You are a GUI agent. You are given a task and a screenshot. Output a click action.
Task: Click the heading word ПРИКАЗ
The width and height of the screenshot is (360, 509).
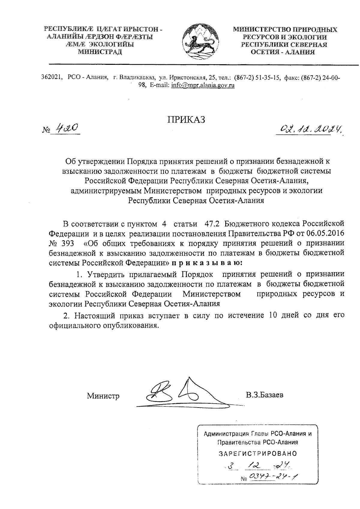click(186, 119)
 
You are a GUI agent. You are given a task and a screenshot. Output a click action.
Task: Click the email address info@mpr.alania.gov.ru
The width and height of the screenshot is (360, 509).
click(202, 85)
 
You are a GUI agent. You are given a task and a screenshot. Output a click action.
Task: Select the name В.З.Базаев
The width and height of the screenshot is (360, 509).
click(264, 395)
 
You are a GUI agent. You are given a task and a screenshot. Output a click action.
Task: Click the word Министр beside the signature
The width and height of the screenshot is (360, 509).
click(103, 396)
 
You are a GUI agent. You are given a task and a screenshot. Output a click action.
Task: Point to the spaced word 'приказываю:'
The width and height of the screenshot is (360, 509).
click(206, 263)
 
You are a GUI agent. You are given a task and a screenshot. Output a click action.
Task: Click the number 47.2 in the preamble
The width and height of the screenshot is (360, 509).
click(212, 224)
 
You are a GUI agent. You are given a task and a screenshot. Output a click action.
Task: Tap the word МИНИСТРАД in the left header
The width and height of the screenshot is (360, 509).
click(100, 52)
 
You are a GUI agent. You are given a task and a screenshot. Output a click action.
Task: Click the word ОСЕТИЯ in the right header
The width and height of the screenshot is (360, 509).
click(269, 52)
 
